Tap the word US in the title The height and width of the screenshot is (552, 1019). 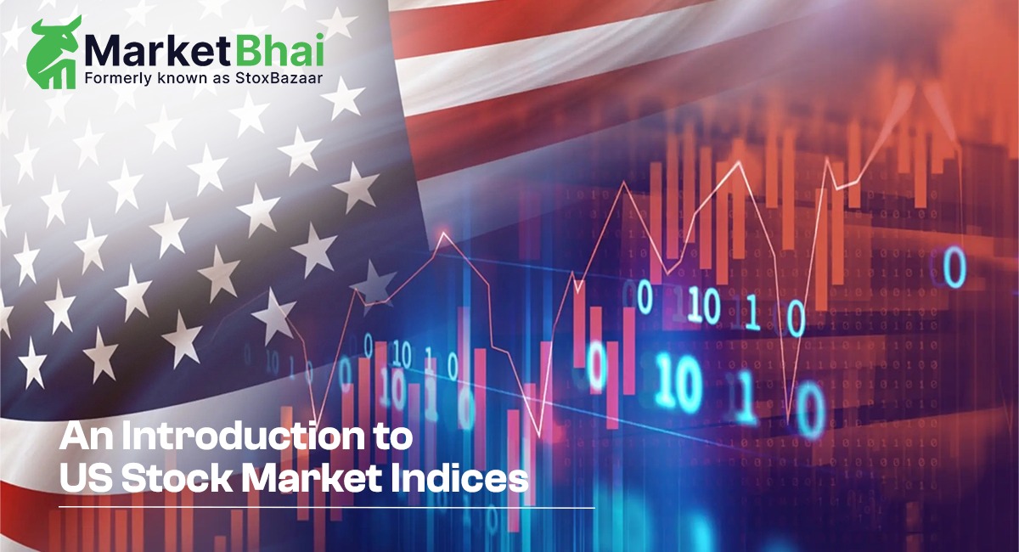tap(85, 477)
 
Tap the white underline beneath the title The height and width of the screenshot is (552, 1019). tap(327, 507)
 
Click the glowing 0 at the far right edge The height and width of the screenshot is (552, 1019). tap(955, 268)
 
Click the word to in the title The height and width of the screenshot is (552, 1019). tap(392, 438)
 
